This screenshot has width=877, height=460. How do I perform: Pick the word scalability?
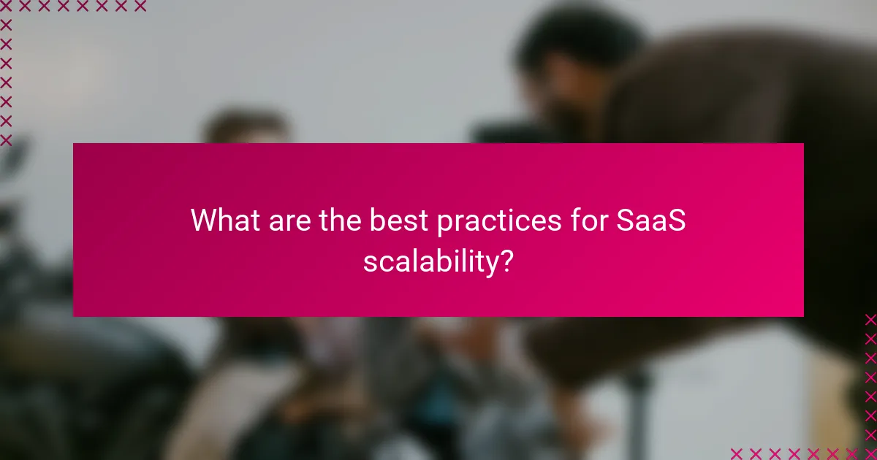click(x=430, y=261)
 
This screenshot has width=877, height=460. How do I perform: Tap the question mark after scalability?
click(x=506, y=261)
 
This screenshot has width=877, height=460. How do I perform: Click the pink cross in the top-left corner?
click(x=6, y=6)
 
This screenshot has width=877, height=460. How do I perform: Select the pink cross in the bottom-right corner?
click(x=870, y=453)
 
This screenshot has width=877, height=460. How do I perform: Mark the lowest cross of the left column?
click(x=6, y=139)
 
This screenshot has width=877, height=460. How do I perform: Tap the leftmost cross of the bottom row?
click(x=736, y=453)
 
